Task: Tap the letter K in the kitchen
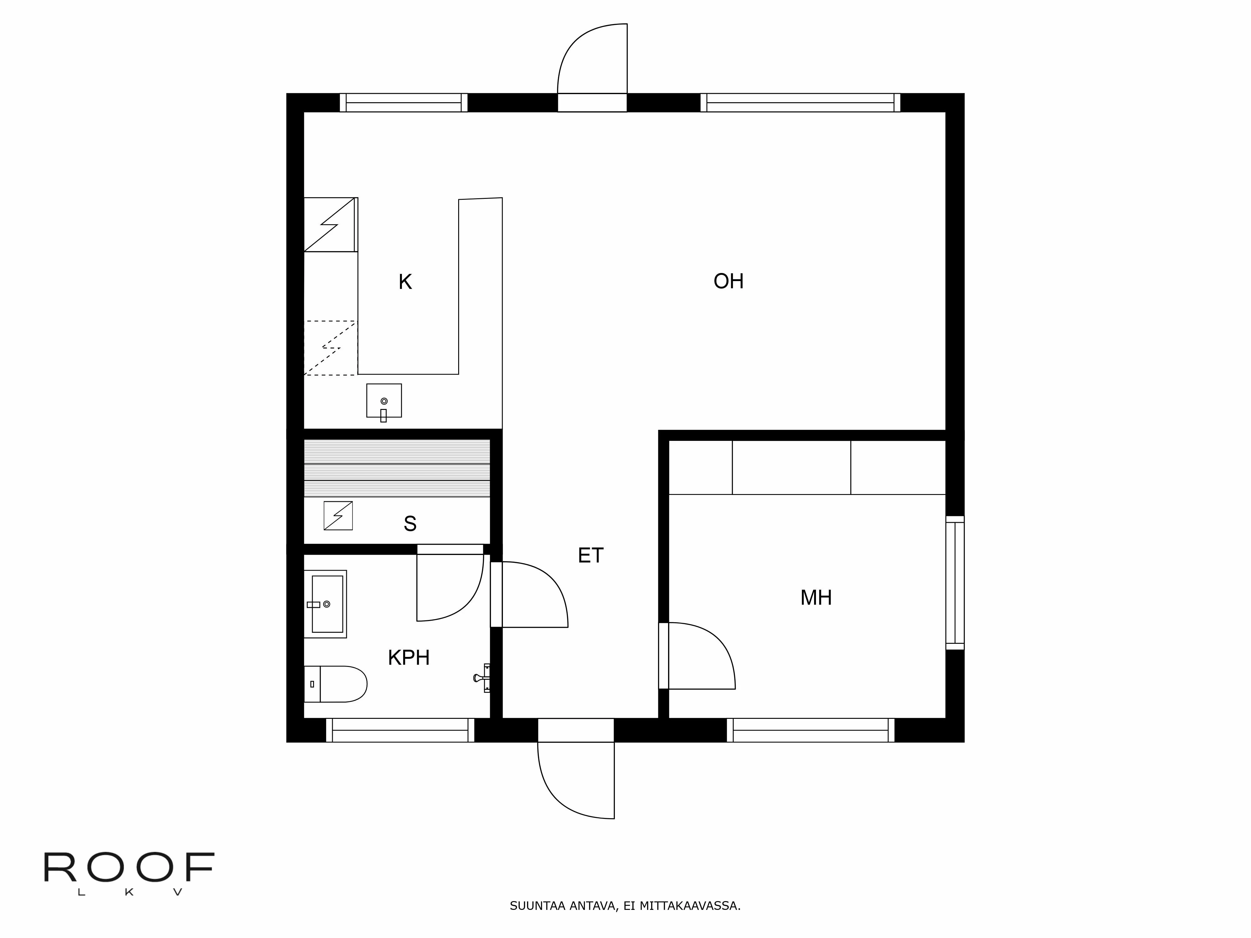click(x=405, y=282)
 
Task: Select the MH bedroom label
click(x=816, y=598)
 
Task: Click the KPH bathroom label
click(x=408, y=658)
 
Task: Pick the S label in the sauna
click(x=410, y=524)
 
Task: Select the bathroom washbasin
click(x=326, y=604)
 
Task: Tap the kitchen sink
click(x=384, y=401)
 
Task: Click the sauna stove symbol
click(x=338, y=516)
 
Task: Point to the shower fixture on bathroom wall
click(x=482, y=677)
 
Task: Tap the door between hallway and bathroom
click(x=534, y=594)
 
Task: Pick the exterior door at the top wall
click(x=592, y=62)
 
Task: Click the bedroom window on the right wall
click(x=955, y=583)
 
